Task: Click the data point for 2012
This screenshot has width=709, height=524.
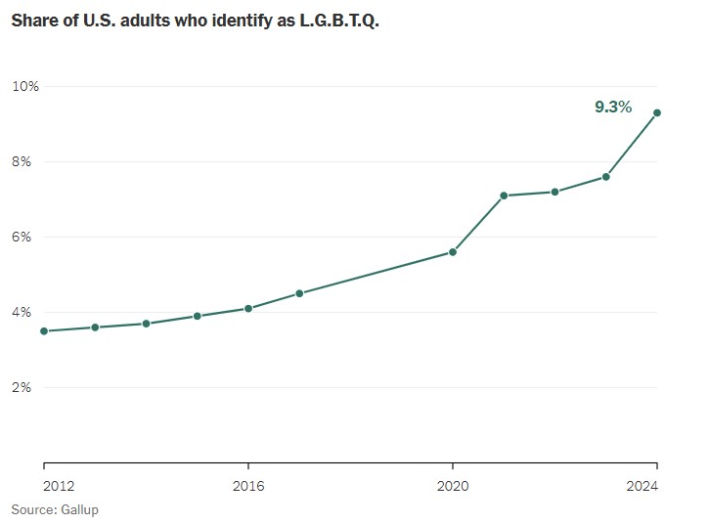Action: pyautogui.click(x=44, y=331)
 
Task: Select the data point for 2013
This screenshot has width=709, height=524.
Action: pyautogui.click(x=95, y=327)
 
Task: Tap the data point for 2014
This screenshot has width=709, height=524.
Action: pyautogui.click(x=146, y=324)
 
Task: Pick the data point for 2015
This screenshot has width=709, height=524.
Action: pyautogui.click(x=198, y=316)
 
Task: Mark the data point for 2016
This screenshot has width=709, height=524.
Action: pyautogui.click(x=248, y=309)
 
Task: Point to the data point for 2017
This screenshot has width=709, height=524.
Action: pyautogui.click(x=299, y=293)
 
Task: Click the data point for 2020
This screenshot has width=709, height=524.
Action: pyautogui.click(x=453, y=252)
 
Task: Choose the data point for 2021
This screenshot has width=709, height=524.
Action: pyautogui.click(x=504, y=196)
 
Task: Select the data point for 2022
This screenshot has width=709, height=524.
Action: pyautogui.click(x=554, y=192)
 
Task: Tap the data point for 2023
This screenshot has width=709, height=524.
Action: pyautogui.click(x=606, y=177)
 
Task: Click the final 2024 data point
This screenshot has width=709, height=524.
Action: pyautogui.click(x=657, y=112)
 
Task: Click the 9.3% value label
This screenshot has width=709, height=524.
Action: pyautogui.click(x=613, y=108)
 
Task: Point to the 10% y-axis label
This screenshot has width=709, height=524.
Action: pyautogui.click(x=25, y=86)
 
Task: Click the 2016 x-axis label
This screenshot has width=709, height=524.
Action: pyautogui.click(x=248, y=485)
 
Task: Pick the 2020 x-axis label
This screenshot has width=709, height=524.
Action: pyautogui.click(x=453, y=485)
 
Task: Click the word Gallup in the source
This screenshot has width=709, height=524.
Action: pyautogui.click(x=80, y=509)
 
